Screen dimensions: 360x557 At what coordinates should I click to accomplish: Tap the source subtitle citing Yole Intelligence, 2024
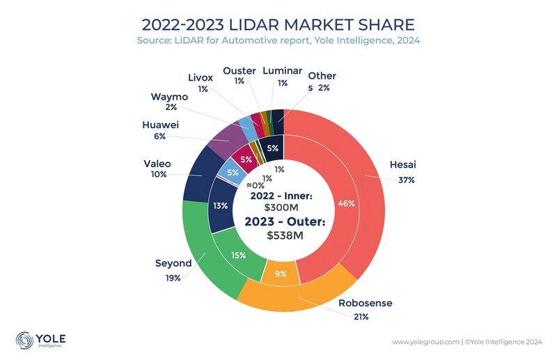[278, 40]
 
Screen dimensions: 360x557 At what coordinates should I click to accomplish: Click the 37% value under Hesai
[407, 180]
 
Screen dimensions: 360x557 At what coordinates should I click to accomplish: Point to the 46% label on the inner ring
[346, 203]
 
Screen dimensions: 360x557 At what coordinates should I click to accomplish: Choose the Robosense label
[366, 303]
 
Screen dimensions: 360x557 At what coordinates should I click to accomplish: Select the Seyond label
[172, 264]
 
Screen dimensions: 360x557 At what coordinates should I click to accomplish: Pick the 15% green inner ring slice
[239, 255]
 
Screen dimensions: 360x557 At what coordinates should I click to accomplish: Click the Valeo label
[157, 164]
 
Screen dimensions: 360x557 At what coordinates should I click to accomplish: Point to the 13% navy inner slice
[220, 205]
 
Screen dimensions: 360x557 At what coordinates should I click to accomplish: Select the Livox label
[203, 77]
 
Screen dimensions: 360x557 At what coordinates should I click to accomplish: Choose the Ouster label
[239, 71]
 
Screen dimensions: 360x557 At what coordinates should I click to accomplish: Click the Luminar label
[283, 71]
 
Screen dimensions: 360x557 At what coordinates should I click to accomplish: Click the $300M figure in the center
[282, 208]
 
